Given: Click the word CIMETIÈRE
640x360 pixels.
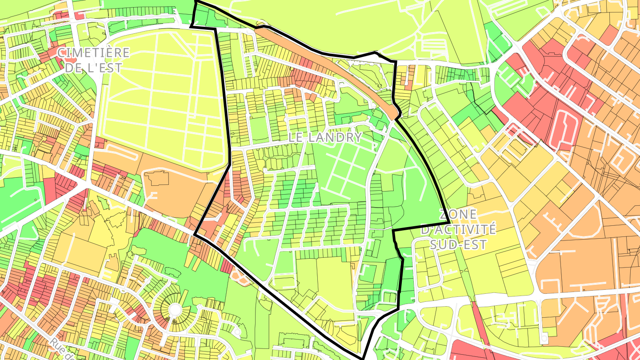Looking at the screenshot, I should tap(93, 53).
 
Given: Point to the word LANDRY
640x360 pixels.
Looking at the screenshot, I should tap(335, 137).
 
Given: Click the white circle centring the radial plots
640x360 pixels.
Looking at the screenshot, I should tap(175, 308).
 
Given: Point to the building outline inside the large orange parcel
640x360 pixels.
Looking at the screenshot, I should tap(156, 178).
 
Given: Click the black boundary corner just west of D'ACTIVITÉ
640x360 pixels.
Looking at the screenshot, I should tap(394, 231).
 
